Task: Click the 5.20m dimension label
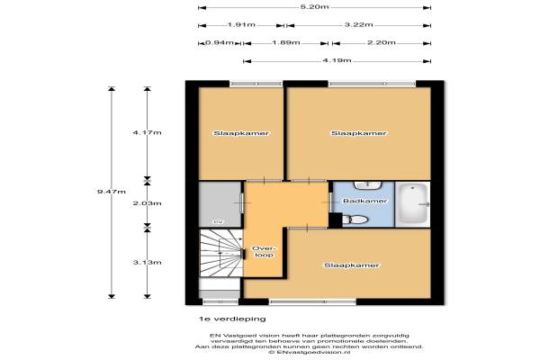pos(314,7)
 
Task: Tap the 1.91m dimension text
pos(241,25)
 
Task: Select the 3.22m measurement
pos(358,25)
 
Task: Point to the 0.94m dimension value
pos(220,42)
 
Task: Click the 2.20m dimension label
pos(382,42)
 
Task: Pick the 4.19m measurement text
pos(337,60)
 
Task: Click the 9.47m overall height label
pos(112,192)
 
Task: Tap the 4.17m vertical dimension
pos(147,132)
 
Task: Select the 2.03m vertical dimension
pos(147,203)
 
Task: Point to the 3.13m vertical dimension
pos(147,263)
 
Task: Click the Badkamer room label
pos(365,201)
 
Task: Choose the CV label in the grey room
pos(218,222)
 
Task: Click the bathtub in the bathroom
pos(412,204)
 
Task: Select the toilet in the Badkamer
pos(355,220)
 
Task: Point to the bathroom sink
pos(368,185)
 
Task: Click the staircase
pos(220,253)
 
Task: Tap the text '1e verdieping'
pos(232,319)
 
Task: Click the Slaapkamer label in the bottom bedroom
pos(352,265)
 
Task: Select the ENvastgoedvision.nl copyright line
pos(310,353)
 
